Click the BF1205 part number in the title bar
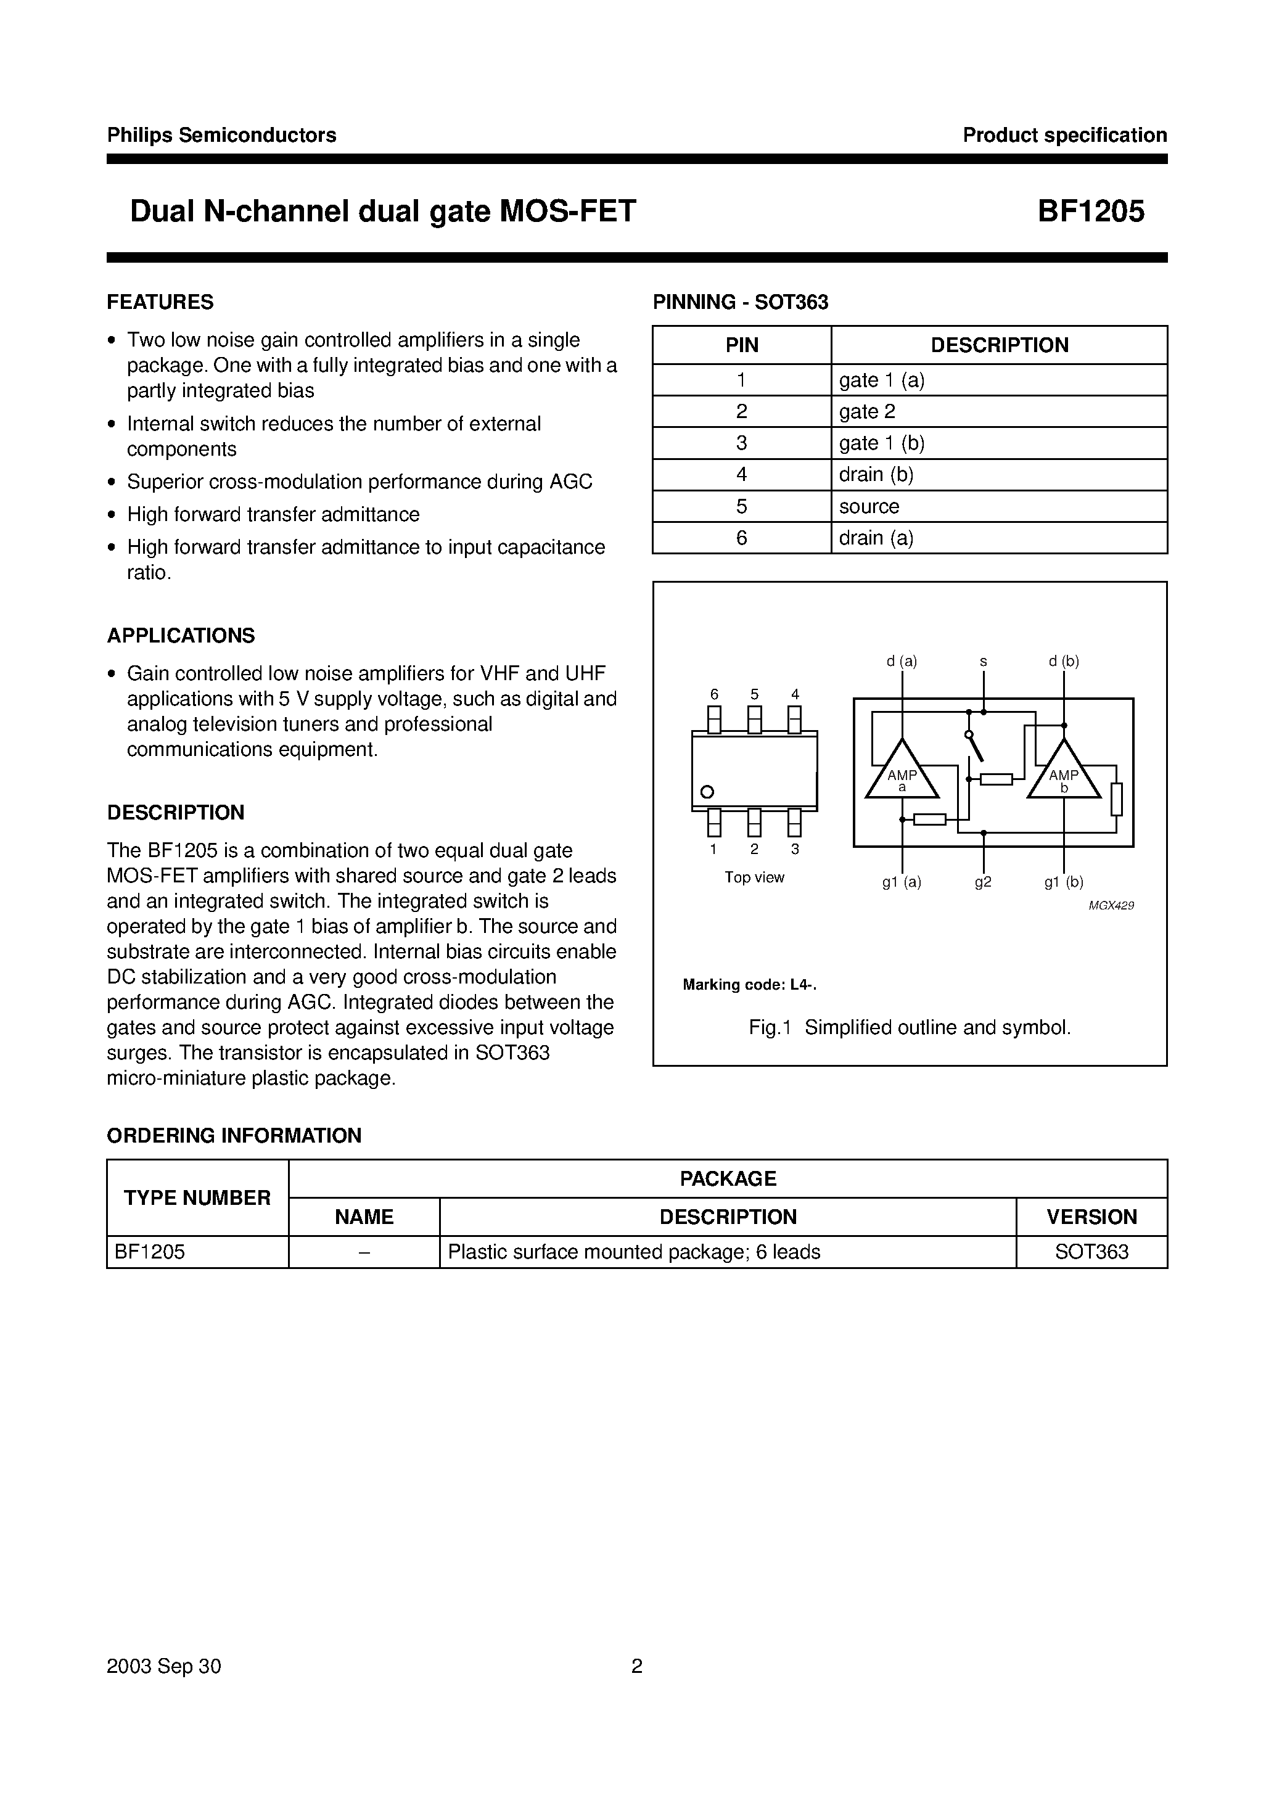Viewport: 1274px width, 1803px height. coord(1090,212)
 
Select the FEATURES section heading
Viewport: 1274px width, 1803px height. coord(160,302)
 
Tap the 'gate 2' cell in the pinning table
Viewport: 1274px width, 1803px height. coord(867,411)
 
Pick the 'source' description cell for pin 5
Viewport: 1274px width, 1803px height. coord(869,506)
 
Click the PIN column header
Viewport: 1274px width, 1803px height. coord(741,345)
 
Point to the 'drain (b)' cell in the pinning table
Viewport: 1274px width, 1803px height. coord(876,474)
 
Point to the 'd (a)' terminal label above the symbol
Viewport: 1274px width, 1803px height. coord(902,661)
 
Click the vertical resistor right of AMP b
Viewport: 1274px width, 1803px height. coord(1116,799)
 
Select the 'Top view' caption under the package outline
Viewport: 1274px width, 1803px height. coord(754,877)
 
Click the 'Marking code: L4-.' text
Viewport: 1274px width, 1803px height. coord(749,985)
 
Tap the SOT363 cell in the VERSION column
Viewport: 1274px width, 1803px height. coord(1091,1252)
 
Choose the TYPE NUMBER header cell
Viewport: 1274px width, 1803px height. coord(197,1197)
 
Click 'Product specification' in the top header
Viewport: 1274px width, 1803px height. coord(1064,135)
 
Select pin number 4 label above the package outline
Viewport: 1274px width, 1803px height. coord(795,694)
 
